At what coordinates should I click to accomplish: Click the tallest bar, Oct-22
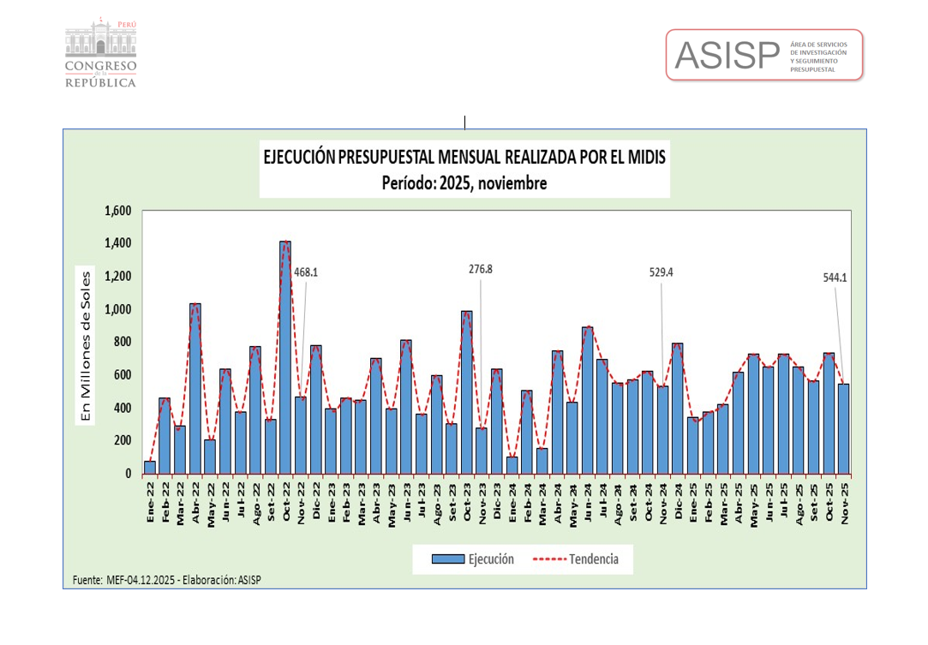[x=285, y=360]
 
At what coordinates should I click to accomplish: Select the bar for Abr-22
[x=195, y=390]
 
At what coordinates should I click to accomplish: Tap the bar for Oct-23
[x=467, y=394]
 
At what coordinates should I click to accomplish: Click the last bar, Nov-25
[x=843, y=428]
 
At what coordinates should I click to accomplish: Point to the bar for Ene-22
[x=150, y=467]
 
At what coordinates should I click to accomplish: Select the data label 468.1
[x=307, y=272]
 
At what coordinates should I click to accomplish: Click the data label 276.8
[x=480, y=269]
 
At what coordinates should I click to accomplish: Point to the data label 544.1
[x=834, y=278]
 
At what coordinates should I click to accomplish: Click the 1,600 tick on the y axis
[x=117, y=211]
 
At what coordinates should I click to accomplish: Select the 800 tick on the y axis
[x=122, y=342]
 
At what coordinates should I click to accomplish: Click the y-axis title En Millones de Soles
[x=86, y=347]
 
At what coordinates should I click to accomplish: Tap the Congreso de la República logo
[x=101, y=51]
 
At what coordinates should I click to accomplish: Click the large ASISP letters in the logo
[x=726, y=55]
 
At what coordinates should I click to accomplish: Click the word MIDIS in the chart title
[x=644, y=158]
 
